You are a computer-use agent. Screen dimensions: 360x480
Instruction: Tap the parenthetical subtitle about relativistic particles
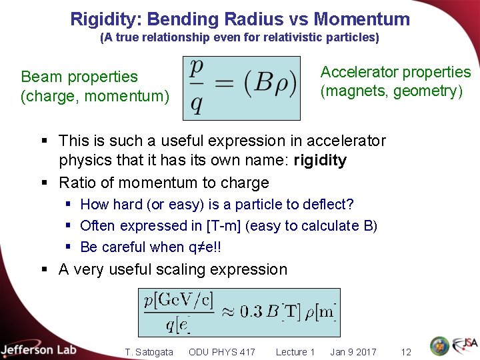[239, 38]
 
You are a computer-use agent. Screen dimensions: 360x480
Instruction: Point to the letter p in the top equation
[197, 69]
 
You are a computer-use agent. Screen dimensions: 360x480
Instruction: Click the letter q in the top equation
[196, 105]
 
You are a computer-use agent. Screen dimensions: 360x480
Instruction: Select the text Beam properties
[79, 77]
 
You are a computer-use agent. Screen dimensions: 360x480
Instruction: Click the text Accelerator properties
[395, 72]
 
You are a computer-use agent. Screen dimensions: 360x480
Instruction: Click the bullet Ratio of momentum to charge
[163, 183]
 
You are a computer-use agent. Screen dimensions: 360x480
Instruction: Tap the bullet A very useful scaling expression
[173, 269]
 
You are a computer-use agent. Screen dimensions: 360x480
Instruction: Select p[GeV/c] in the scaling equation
[177, 301]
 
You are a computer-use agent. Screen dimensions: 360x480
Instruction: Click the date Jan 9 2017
[353, 352]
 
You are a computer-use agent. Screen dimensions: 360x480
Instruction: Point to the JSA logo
[464, 345]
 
